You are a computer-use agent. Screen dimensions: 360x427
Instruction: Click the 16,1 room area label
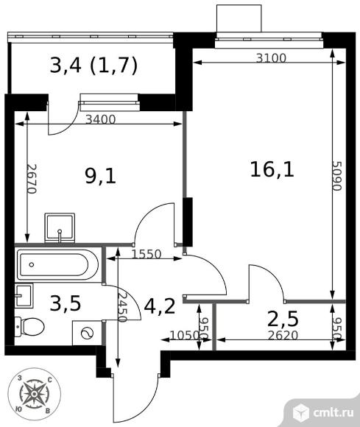[x=272, y=169]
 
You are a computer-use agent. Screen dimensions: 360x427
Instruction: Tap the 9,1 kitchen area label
[x=100, y=176]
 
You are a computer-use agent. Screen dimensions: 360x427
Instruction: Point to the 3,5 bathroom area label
[x=66, y=303]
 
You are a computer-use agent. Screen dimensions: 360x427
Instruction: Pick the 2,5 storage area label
[x=283, y=320]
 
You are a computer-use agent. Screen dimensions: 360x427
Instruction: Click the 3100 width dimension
[x=271, y=58]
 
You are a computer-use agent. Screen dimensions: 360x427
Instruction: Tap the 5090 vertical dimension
[x=337, y=176]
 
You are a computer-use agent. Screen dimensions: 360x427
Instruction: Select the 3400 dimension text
[x=100, y=119]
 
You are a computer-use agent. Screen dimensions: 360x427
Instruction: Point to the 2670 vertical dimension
[x=32, y=179]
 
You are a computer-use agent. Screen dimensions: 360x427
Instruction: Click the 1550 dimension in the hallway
[x=147, y=254]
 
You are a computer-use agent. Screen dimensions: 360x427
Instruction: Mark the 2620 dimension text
[x=283, y=335]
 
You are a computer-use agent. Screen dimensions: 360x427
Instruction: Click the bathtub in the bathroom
[x=57, y=265]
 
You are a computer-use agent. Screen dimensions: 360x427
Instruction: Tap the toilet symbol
[x=29, y=327]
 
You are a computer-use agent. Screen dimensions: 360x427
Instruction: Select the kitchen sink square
[x=60, y=228]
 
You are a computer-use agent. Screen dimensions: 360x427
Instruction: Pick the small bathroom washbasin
[x=24, y=295]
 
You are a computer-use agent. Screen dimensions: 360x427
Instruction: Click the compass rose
[x=34, y=395]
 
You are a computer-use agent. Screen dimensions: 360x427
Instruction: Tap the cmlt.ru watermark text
[x=333, y=412]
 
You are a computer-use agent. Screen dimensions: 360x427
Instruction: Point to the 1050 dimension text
[x=184, y=335]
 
